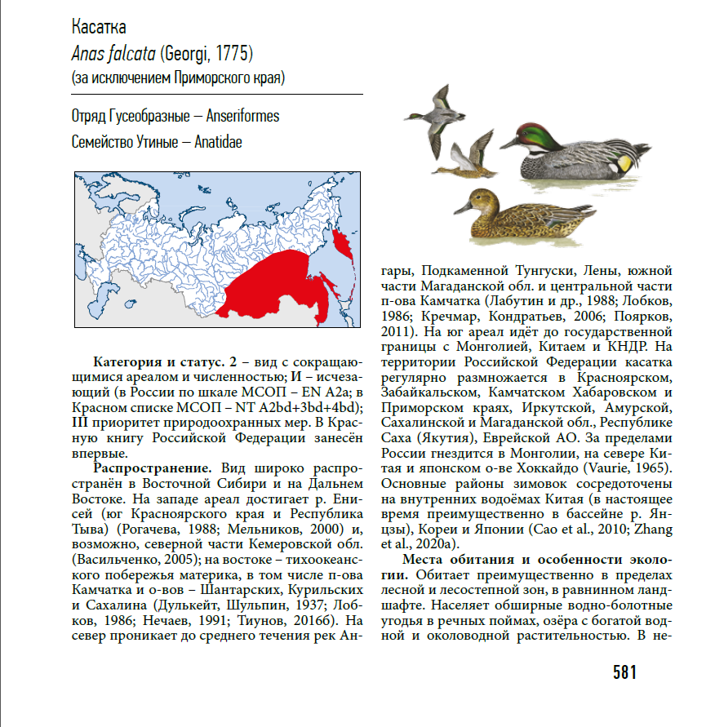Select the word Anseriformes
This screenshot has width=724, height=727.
pos(243,117)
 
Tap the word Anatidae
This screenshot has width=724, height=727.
pos(218,142)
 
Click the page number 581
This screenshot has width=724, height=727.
pos(624,673)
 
